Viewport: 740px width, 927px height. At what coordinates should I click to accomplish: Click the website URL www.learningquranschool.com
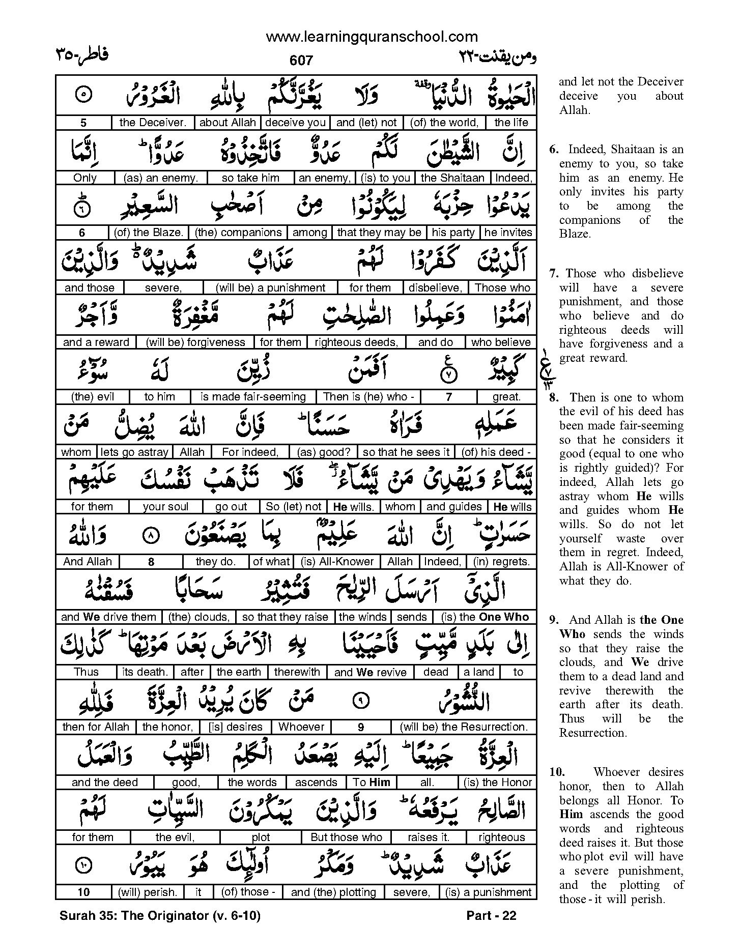[x=372, y=37]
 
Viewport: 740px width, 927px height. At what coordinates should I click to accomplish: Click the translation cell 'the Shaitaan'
[x=452, y=178]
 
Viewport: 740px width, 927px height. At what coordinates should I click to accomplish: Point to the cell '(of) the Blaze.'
[x=148, y=233]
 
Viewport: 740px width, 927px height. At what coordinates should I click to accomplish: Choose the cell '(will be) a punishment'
[x=270, y=287]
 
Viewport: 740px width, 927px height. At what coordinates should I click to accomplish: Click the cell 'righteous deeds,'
[x=356, y=342]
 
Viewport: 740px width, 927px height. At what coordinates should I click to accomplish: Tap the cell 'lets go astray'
[x=134, y=452]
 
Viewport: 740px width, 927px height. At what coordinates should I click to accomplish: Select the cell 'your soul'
[x=165, y=507]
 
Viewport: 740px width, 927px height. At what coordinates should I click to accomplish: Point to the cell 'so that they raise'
[x=285, y=617]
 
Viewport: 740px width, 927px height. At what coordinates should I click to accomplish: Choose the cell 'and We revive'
[x=370, y=672]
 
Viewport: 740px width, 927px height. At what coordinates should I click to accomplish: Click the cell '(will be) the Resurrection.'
[x=464, y=727]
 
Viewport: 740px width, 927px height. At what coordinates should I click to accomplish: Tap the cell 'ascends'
[x=316, y=783]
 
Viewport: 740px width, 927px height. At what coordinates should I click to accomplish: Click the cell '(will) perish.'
[x=148, y=892]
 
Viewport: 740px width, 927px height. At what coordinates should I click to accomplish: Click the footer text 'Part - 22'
[x=491, y=916]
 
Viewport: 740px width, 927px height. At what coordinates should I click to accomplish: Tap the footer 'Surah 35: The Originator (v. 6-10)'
[x=160, y=916]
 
